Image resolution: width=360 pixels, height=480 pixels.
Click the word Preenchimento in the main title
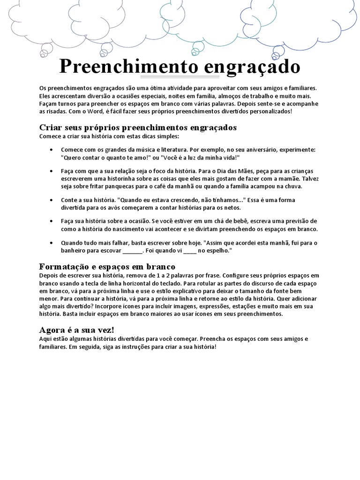pyautogui.click(x=126, y=67)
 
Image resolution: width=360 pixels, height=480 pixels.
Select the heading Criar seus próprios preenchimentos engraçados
pyautogui.click(x=138, y=127)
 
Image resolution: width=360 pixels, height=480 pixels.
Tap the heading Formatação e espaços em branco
pyautogui.click(x=107, y=266)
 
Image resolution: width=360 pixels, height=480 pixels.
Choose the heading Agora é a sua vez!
pyautogui.click(x=76, y=330)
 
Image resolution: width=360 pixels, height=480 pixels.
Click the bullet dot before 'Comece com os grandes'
pyautogui.click(x=51, y=150)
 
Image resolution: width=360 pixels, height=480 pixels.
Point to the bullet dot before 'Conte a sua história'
pyautogui.click(x=51, y=200)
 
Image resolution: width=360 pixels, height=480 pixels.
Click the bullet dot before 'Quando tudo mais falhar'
pyautogui.click(x=51, y=243)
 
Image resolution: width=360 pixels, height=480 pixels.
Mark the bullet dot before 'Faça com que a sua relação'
pyautogui.click(x=51, y=171)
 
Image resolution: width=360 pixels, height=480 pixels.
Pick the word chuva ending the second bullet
pyautogui.click(x=293, y=186)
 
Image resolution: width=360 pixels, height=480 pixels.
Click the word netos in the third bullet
pyautogui.click(x=231, y=208)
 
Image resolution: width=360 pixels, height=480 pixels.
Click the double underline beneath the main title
pyautogui.click(x=173, y=76)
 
